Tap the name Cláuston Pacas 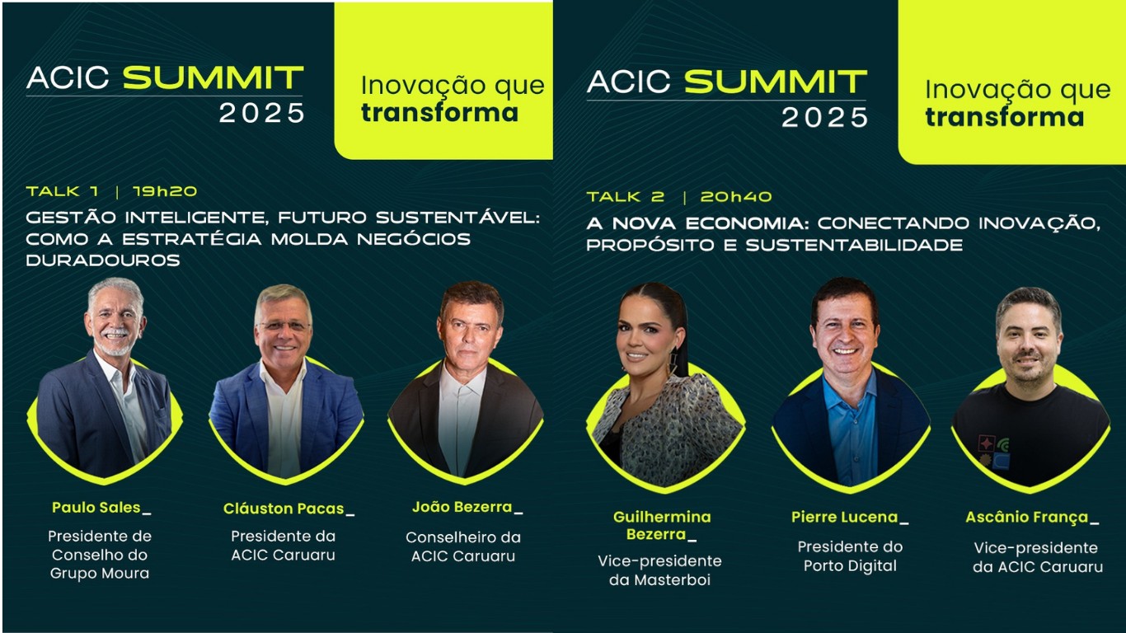pyautogui.click(x=284, y=509)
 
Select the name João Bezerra pyautogui.click(x=462, y=507)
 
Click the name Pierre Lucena pyautogui.click(x=844, y=518)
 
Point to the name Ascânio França pyautogui.click(x=1026, y=518)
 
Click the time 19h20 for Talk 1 pyautogui.click(x=165, y=191)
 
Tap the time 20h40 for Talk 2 pyautogui.click(x=736, y=197)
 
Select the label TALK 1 pyautogui.click(x=62, y=191)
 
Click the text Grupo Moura pyautogui.click(x=100, y=574)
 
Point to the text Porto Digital pyautogui.click(x=850, y=566)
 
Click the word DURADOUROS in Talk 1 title pyautogui.click(x=103, y=260)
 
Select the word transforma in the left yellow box pyautogui.click(x=439, y=113)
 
